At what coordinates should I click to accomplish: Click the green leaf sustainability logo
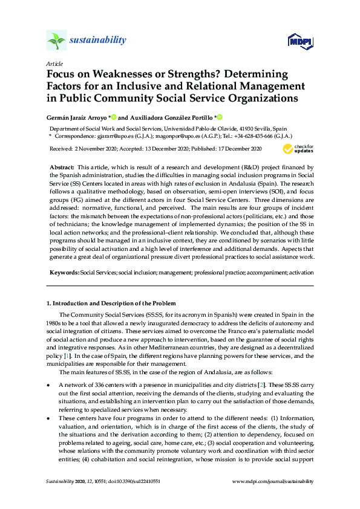tap(56, 40)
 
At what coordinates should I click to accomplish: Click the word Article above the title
tap(53, 63)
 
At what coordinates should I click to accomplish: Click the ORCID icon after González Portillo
tap(220, 117)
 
